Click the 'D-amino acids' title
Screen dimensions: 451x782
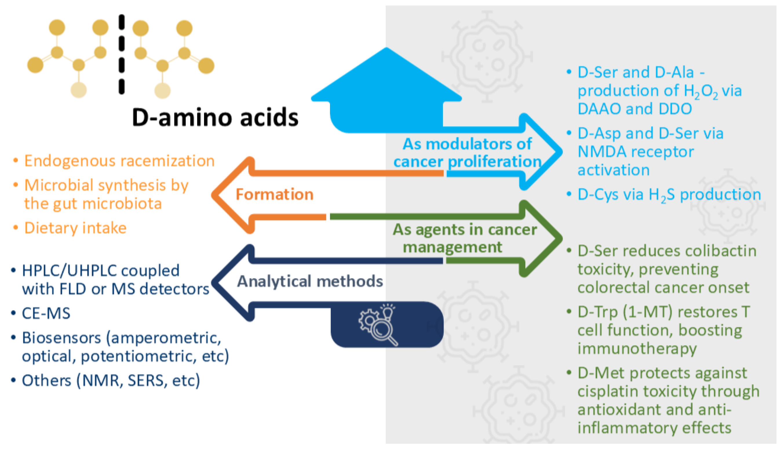coord(215,118)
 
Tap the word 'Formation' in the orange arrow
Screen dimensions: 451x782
coord(274,195)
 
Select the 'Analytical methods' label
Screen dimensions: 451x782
coord(310,281)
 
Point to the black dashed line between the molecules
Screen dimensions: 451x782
coord(122,54)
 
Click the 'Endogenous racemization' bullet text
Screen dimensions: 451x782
coord(119,161)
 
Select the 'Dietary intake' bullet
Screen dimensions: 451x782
coord(75,228)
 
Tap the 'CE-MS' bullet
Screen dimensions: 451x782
coord(46,313)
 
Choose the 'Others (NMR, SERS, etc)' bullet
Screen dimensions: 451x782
coord(111,380)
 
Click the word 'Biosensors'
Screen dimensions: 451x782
coord(61,338)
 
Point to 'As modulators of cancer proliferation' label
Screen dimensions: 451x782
coord(467,153)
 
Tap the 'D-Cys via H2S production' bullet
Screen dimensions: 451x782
coord(669,195)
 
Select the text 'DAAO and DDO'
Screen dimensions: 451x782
coord(635,109)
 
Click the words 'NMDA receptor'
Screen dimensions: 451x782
coord(636,152)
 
